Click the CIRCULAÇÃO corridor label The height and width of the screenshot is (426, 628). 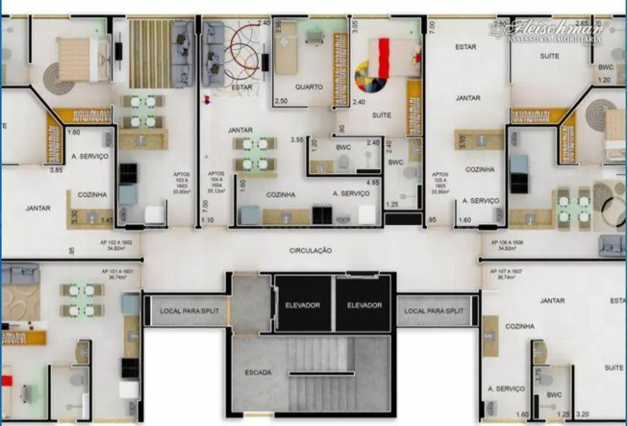coord(310,250)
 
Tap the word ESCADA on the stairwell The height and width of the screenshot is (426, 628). coord(258,372)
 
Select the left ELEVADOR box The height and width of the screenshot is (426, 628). coord(302,305)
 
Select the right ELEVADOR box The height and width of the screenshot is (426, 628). coord(364,305)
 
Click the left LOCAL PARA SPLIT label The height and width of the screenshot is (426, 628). coord(185,311)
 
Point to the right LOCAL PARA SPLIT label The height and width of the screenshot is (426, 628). coord(433,311)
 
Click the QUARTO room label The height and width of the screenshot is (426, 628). coord(308,87)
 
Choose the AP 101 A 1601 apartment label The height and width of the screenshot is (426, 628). coord(117,274)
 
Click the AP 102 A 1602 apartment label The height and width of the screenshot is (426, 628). coord(117,245)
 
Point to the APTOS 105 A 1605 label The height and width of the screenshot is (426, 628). coord(439,184)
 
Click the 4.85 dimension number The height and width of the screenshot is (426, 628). coord(373,182)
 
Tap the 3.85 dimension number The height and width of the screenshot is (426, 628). coord(57,170)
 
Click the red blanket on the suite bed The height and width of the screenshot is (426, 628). coord(383,57)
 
